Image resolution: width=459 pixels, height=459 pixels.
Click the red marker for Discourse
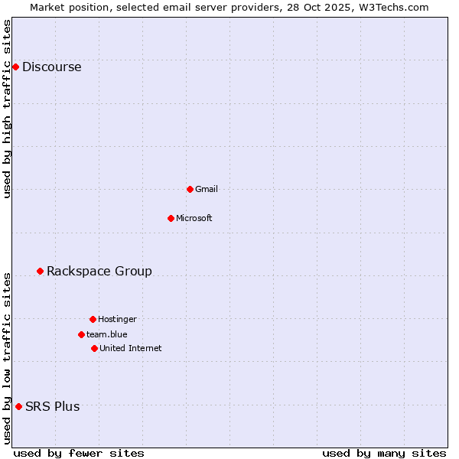tap(15, 67)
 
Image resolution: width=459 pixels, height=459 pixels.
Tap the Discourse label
tap(52, 67)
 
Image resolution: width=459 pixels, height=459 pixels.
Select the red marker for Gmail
tap(190, 189)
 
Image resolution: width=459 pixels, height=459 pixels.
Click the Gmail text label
tap(207, 189)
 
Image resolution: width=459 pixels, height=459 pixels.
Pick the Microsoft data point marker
tap(171, 218)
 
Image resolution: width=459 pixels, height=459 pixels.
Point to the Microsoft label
tap(194, 218)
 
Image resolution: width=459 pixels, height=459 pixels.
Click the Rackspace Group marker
tap(40, 271)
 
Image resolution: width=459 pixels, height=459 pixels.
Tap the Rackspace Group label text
tap(99, 271)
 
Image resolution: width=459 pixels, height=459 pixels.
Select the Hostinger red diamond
tap(93, 319)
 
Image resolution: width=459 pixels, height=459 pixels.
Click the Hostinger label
tap(117, 319)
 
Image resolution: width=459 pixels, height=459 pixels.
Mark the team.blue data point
tap(81, 334)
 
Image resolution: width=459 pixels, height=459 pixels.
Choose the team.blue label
tap(107, 334)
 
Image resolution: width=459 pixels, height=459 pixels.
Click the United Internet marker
tap(94, 348)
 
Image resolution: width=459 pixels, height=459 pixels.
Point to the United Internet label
tap(131, 348)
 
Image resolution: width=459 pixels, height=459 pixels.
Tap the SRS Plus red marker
tap(18, 406)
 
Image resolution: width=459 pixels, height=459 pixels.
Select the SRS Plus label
tap(53, 406)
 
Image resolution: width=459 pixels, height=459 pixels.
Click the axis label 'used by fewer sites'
tap(79, 453)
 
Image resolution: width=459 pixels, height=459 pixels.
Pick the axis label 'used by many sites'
tap(384, 453)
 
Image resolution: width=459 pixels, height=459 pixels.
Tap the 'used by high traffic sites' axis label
tap(7, 109)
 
